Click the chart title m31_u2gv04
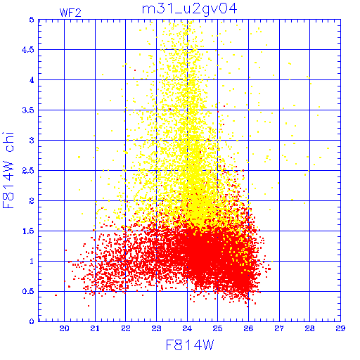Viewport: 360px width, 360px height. click(x=190, y=9)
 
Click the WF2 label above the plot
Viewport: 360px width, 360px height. click(x=70, y=13)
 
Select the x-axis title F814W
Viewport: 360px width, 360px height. click(x=190, y=345)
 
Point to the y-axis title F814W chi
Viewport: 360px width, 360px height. click(x=8, y=170)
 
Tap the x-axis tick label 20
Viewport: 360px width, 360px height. click(x=64, y=328)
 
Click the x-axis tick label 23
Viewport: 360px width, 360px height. click(x=156, y=328)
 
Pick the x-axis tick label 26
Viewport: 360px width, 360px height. click(x=248, y=328)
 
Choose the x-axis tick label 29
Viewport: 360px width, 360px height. click(x=340, y=328)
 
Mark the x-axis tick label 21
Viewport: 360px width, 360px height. click(x=95, y=328)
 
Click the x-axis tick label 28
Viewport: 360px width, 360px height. click(x=309, y=328)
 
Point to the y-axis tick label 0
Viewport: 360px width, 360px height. click(x=32, y=321)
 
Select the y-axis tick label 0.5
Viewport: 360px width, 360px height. click(x=28, y=291)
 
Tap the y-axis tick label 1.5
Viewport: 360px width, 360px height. click(x=28, y=231)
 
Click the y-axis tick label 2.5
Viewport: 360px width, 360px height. click(x=28, y=171)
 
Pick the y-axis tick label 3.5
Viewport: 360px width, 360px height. click(x=28, y=110)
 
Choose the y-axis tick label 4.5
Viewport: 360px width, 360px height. click(x=28, y=50)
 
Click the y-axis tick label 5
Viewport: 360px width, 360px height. click(x=32, y=20)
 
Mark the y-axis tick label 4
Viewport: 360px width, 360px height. click(x=32, y=80)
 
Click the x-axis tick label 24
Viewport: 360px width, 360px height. click(x=187, y=328)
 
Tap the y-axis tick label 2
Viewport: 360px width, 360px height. click(x=32, y=201)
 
